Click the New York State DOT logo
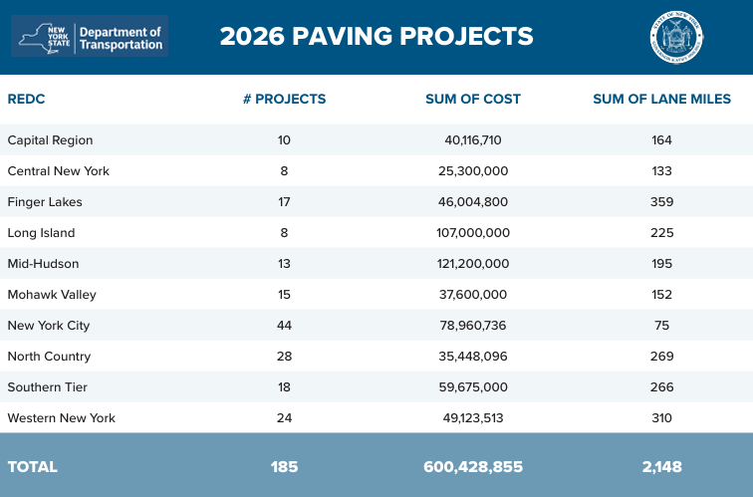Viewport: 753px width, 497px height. pyautogui.click(x=91, y=36)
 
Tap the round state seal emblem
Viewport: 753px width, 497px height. pyautogui.click(x=675, y=37)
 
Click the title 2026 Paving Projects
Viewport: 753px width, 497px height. pyautogui.click(x=376, y=37)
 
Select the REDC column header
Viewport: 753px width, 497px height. pyautogui.click(x=27, y=99)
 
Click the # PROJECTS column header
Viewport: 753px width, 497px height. pyautogui.click(x=284, y=99)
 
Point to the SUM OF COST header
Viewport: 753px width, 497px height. pyautogui.click(x=472, y=99)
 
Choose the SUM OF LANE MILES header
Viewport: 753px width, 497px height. pyautogui.click(x=661, y=99)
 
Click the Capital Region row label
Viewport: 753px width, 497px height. pyautogui.click(x=50, y=140)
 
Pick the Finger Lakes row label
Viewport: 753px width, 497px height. pyautogui.click(x=45, y=202)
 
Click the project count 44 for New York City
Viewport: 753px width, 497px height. pyautogui.click(x=284, y=326)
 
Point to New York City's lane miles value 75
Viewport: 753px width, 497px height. pyautogui.click(x=662, y=326)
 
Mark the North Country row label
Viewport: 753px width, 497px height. pyautogui.click(x=49, y=357)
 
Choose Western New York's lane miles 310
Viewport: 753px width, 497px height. pyautogui.click(x=662, y=418)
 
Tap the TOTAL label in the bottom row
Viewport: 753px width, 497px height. pyautogui.click(x=33, y=466)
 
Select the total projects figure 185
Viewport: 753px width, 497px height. pyautogui.click(x=284, y=466)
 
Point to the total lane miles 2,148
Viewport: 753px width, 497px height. pyautogui.click(x=662, y=466)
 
